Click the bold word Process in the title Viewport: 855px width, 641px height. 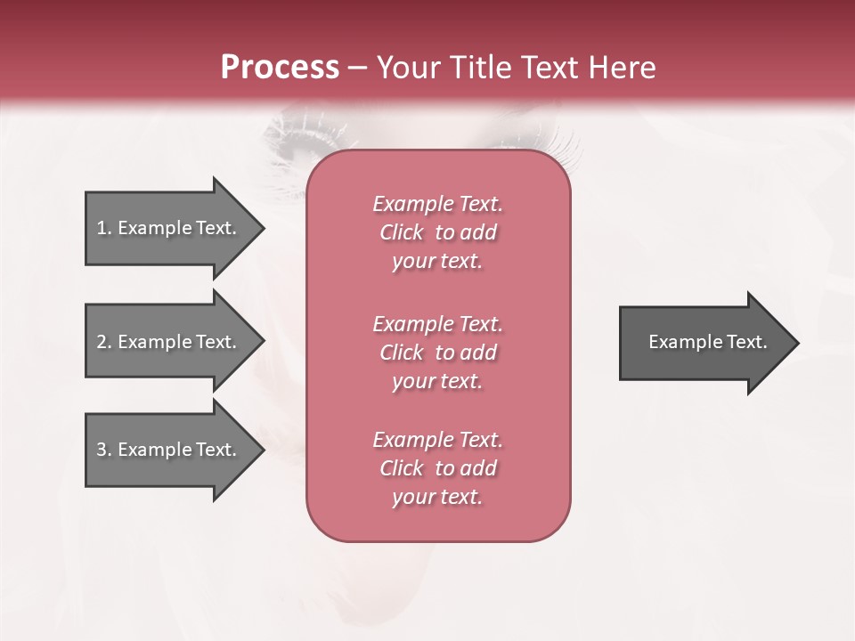point(280,68)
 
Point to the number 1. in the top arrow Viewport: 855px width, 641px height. point(104,228)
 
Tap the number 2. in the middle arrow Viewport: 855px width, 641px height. point(104,342)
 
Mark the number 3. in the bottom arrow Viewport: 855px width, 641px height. point(104,450)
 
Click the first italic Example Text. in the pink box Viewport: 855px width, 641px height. point(437,204)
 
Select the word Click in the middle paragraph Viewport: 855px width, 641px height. point(402,353)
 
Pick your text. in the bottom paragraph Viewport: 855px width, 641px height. point(437,497)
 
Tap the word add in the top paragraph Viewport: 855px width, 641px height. point(479,232)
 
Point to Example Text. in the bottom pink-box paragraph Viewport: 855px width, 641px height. point(437,440)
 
